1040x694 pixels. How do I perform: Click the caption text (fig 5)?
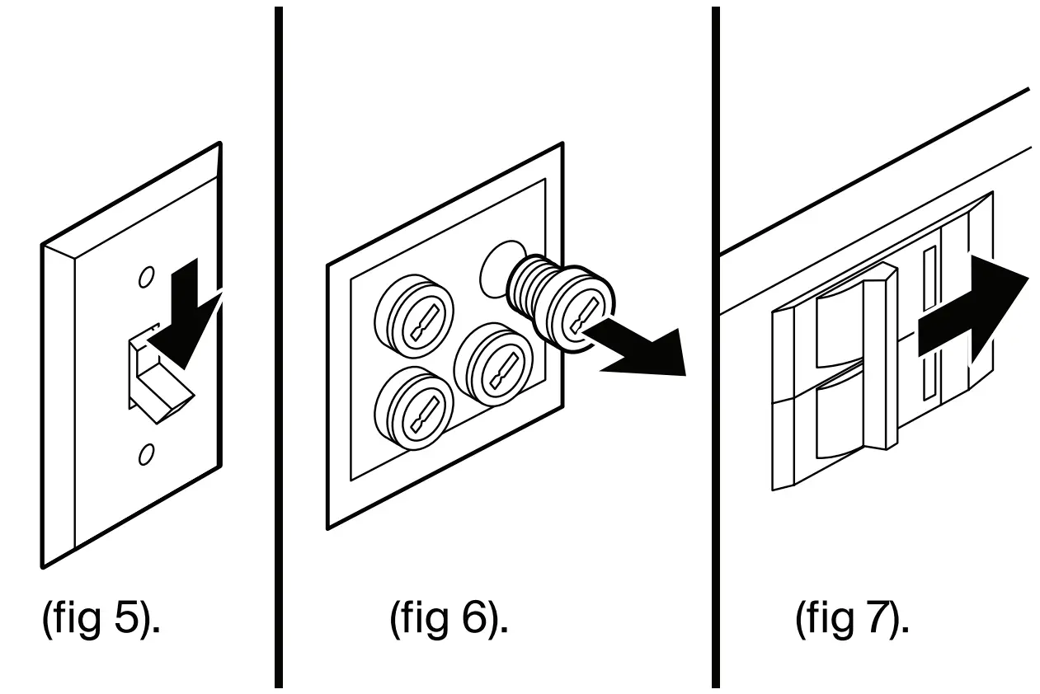pos(101,618)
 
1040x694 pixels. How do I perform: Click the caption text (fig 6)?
pos(449,618)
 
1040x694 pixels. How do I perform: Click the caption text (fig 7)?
pos(853,618)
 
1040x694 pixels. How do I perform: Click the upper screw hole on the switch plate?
pos(145,278)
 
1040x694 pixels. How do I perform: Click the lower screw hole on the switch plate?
pos(146,453)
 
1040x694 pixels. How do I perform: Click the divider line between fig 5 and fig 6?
pos(279,346)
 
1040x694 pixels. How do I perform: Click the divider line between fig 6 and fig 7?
pos(715,346)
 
